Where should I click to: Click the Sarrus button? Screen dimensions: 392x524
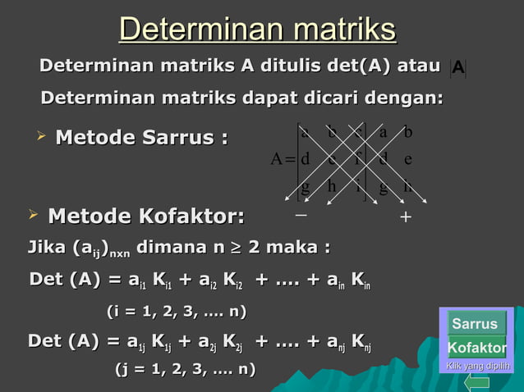tap(475, 324)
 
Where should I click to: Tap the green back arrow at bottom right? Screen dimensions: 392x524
tap(477, 381)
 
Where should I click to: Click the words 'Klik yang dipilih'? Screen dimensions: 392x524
tap(477, 366)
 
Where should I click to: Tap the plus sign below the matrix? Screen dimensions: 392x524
tap(405, 217)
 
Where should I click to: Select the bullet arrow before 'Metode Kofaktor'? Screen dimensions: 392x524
tap(33, 215)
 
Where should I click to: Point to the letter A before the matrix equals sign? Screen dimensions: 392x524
tap(278, 158)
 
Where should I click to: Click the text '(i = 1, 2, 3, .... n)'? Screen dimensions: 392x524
tap(177, 312)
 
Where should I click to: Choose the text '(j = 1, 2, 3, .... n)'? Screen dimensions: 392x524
tap(184, 369)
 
